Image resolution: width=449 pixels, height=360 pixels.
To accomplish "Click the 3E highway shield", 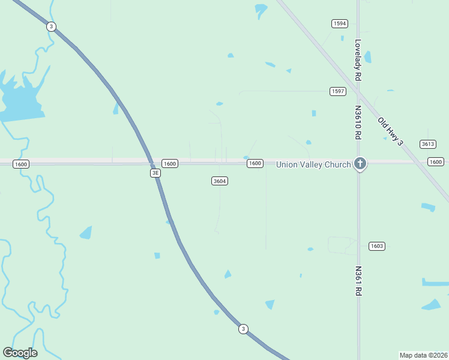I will (x=155, y=173).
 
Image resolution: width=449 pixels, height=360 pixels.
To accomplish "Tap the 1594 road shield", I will (x=340, y=23).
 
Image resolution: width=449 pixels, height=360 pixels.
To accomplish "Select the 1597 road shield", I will (x=338, y=91).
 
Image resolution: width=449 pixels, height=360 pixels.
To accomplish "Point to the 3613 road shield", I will (x=428, y=144).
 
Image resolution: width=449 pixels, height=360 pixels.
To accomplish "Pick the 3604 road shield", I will (x=220, y=181).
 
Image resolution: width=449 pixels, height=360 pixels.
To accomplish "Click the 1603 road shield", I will (x=377, y=246).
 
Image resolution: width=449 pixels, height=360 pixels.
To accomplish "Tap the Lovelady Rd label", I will (x=358, y=61).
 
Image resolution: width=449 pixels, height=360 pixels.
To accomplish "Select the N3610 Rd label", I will (x=358, y=123).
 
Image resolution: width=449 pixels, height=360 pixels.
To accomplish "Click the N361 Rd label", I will (x=358, y=281).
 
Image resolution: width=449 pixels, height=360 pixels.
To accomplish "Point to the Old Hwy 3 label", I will (x=390, y=131).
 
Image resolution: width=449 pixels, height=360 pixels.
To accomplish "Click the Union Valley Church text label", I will (x=313, y=164).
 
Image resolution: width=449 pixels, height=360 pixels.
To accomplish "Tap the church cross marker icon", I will (x=360, y=163).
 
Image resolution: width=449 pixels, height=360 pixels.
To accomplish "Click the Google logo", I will (x=20, y=353).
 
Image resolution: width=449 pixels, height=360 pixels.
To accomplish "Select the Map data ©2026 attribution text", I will (x=423, y=355).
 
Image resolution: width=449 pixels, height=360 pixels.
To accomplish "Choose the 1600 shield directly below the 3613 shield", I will (x=436, y=162).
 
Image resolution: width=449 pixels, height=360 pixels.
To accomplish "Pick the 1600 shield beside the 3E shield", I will (x=170, y=164).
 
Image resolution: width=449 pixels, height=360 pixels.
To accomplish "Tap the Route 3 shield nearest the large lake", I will (x=52, y=26).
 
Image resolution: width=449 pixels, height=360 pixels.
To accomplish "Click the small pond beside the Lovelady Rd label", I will (x=367, y=57).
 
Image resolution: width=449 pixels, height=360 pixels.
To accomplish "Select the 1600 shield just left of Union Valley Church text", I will (x=255, y=163).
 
